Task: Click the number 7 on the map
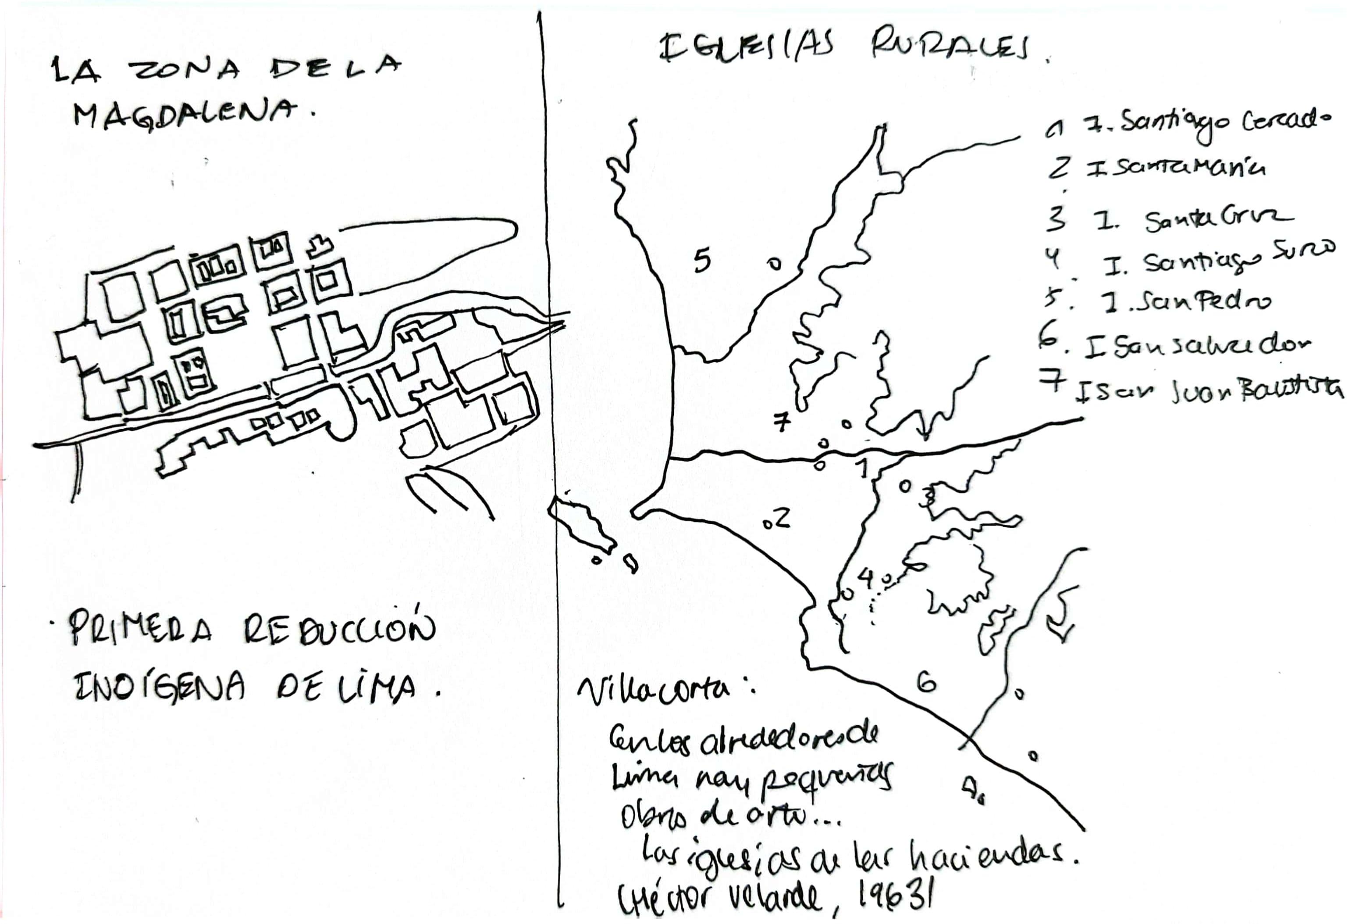pos(782,421)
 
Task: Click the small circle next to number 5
pos(774,265)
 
